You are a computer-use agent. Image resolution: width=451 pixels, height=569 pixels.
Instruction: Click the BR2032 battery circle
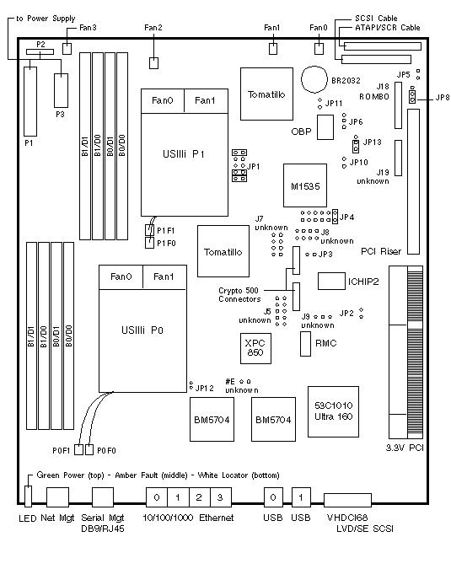pos(314,79)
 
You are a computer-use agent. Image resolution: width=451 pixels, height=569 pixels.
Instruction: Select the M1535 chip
pos(305,185)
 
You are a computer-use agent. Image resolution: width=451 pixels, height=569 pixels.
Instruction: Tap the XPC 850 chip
pos(255,348)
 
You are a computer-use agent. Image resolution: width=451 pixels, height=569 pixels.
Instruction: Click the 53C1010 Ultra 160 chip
pos(333,411)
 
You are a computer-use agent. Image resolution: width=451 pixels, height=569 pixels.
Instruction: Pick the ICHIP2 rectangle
pos(331,282)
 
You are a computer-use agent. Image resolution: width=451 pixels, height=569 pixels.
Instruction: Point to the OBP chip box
pos(325,127)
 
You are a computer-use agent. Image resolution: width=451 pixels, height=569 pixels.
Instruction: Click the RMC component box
pos(305,344)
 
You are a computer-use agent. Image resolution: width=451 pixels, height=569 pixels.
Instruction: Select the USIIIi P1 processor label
pos(184,154)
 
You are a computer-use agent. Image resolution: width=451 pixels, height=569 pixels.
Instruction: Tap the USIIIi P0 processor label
pos(142,330)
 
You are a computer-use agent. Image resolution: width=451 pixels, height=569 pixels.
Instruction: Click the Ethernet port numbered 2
pos(199,497)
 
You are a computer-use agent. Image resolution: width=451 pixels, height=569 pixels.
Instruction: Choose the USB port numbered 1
pos(301,497)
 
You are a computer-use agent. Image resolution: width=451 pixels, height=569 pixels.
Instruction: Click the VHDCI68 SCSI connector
pos(347,500)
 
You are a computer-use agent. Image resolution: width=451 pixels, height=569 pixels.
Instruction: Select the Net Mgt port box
pos(57,497)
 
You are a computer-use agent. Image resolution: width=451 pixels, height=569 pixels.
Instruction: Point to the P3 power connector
pos(61,91)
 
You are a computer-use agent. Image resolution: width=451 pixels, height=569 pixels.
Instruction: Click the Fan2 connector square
pos(153,62)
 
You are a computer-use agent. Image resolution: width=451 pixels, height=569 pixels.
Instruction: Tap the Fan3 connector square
pos(67,49)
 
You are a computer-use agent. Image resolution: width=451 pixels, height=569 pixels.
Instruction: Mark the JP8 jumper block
pos(412,97)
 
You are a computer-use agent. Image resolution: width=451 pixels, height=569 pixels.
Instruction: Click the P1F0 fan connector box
pos(149,243)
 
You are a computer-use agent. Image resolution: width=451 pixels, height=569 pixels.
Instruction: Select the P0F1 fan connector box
pos(78,449)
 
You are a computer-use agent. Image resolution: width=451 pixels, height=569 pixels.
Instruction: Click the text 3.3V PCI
pos(405,448)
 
